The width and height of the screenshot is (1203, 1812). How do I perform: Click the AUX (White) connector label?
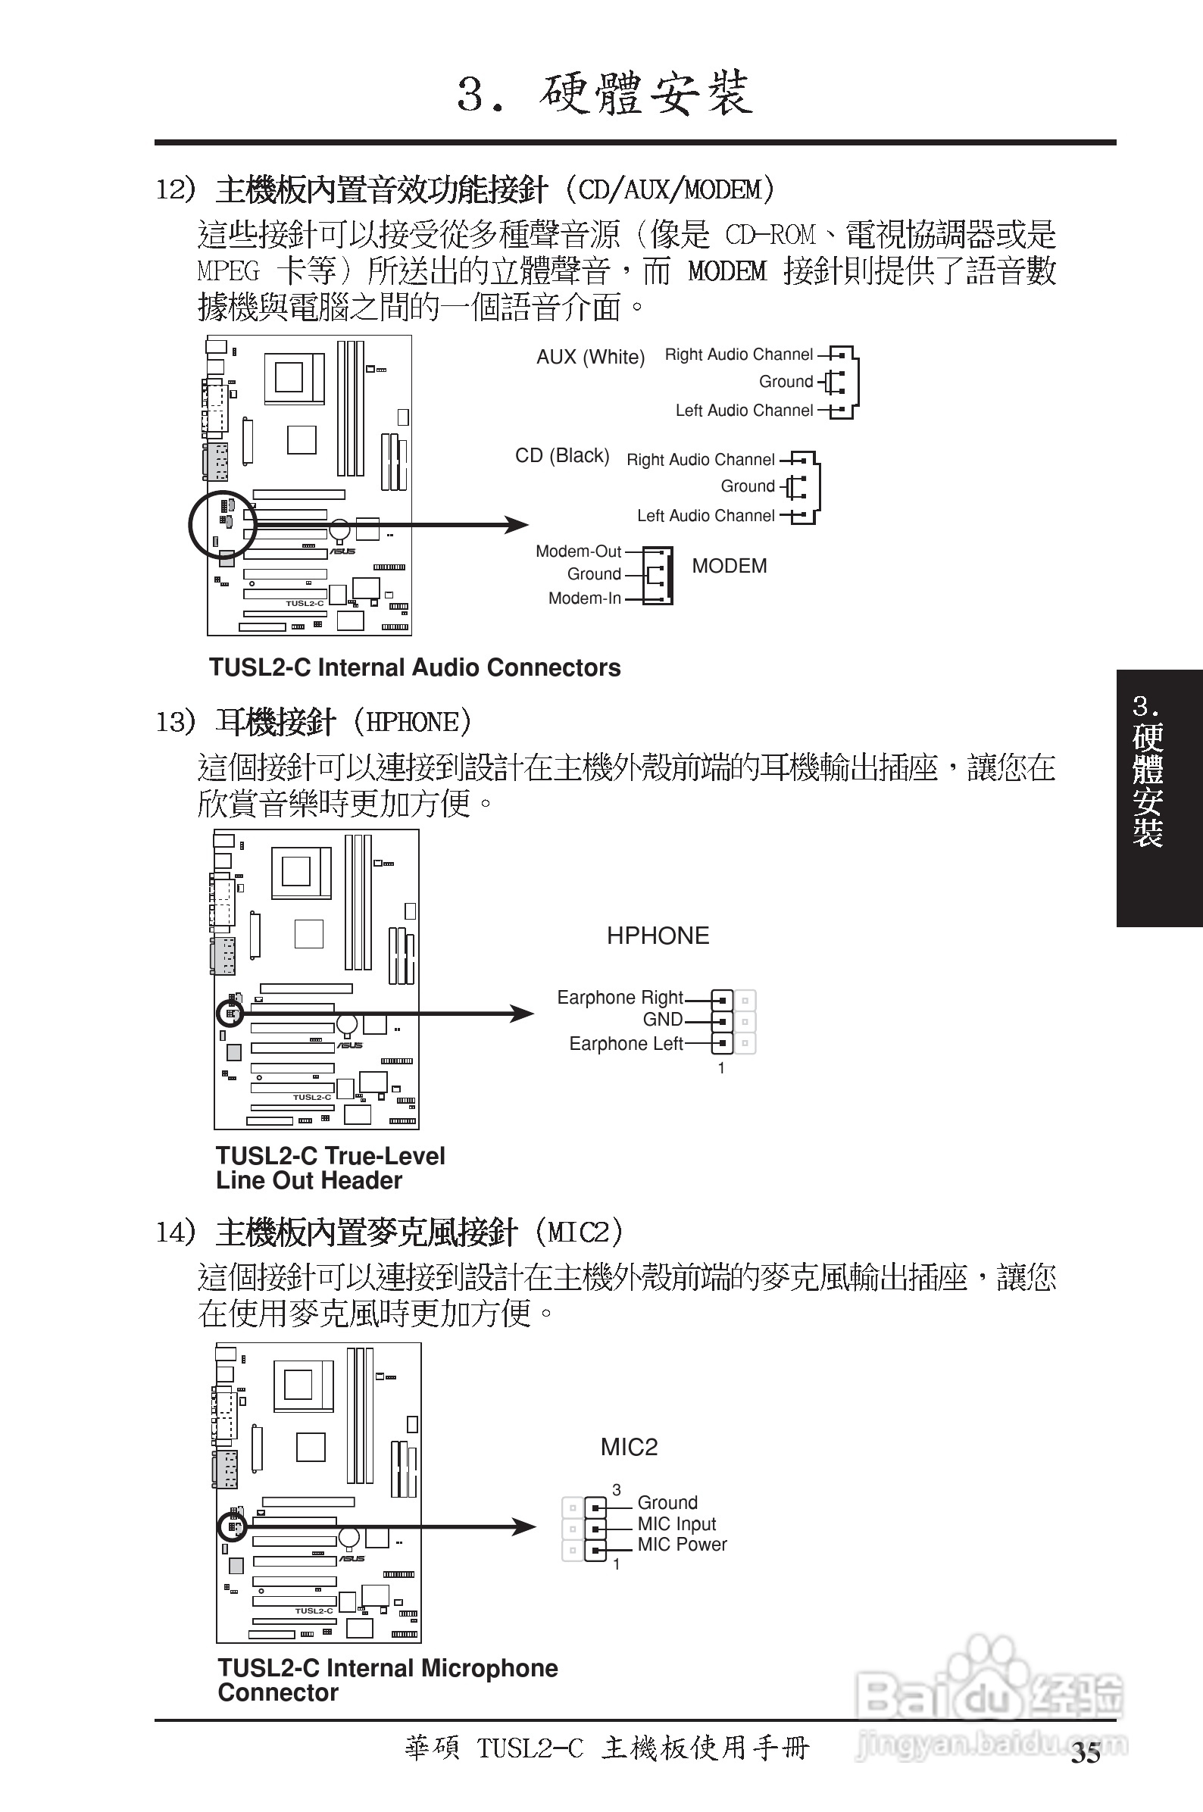[x=590, y=357]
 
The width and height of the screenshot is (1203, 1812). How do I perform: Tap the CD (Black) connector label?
[x=561, y=456]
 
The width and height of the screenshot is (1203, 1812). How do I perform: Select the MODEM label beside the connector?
[x=729, y=566]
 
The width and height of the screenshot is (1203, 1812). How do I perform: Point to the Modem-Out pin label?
[x=579, y=551]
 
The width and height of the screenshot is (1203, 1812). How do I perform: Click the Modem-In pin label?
[x=584, y=598]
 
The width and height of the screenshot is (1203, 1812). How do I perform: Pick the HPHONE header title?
[x=658, y=936]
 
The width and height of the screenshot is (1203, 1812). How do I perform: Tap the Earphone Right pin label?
[x=619, y=998]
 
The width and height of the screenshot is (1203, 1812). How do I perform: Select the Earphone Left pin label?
[x=625, y=1044]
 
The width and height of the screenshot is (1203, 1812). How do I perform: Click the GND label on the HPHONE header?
[x=662, y=1020]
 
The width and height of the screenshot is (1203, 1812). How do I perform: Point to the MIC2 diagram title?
[x=629, y=1448]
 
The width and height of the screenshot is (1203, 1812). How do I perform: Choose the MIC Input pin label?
[x=676, y=1523]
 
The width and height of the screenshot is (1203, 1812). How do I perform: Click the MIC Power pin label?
[x=681, y=1545]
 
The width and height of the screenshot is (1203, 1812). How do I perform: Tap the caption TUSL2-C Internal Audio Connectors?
[x=414, y=667]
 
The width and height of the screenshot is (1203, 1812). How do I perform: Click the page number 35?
[x=1086, y=1754]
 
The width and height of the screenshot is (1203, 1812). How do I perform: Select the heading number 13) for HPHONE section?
[x=176, y=722]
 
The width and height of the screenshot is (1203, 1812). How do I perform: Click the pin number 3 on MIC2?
[x=616, y=1490]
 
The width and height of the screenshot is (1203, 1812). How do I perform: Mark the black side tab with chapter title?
[x=1158, y=798]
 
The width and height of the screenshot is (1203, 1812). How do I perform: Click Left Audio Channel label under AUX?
[x=743, y=411]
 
